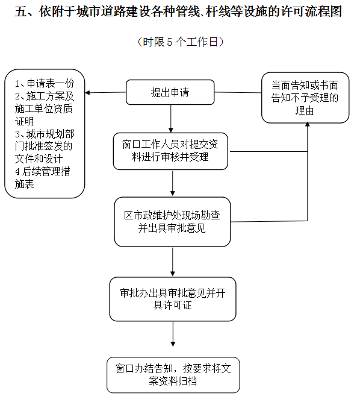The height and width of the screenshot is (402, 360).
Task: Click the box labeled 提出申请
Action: tap(170, 92)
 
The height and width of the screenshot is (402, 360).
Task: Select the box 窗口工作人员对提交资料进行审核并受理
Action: tap(170, 151)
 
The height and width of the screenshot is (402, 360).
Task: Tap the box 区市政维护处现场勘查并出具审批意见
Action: tap(172, 222)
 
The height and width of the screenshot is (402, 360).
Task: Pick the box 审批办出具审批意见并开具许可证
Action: tap(173, 299)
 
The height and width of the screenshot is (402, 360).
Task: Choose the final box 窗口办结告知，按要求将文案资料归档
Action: tap(173, 375)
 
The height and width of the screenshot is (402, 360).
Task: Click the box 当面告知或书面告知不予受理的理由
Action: tap(305, 98)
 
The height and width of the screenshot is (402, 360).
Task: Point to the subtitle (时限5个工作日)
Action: tap(181, 42)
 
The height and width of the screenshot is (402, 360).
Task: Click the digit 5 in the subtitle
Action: tap(170, 42)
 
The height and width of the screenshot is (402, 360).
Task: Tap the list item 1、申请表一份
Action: tap(45, 83)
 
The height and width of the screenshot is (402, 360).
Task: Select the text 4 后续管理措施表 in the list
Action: tap(43, 177)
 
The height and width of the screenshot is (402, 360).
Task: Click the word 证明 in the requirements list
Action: tap(24, 121)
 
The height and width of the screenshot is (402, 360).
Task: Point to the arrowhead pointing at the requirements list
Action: tap(87, 93)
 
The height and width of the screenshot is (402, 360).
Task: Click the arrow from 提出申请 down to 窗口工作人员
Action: tap(171, 119)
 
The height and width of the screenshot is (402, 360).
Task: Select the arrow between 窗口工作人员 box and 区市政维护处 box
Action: tap(173, 183)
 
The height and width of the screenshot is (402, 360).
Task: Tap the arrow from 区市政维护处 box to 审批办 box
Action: tap(173, 262)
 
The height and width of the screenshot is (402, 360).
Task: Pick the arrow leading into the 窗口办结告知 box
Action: tap(173, 334)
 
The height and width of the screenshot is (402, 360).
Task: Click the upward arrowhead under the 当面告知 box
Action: tap(308, 124)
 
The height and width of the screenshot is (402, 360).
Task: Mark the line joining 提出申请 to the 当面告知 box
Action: tap(238, 92)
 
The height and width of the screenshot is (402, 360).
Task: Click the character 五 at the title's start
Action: tap(20, 11)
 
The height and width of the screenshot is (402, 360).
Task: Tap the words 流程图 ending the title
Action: tap(324, 11)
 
